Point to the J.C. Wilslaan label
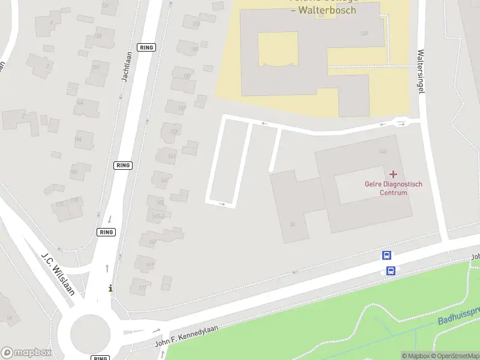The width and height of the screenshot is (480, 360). coord(58,274)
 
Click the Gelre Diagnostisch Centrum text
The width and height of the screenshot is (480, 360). coord(394,188)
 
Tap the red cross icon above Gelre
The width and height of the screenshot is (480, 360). coord(393,174)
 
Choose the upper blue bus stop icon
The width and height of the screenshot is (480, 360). coord(387,256)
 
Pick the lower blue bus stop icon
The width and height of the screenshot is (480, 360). coord(391,271)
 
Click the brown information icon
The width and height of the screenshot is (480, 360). coord(110,289)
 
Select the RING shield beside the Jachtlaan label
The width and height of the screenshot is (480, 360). coord(146,47)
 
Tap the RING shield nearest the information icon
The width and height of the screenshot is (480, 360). coord(106,232)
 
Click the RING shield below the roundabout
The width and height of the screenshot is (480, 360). coord(100,358)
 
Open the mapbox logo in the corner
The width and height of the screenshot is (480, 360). coord(26,353)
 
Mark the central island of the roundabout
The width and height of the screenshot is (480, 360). coord(91,332)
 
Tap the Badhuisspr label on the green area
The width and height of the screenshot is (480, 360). coord(459,316)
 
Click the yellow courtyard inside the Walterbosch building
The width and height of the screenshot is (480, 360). coord(277,49)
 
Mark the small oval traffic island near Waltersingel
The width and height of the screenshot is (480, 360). coord(401,123)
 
